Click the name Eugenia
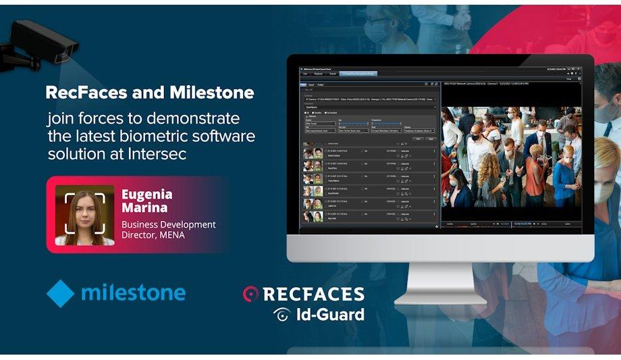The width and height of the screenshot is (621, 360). tap(146, 195)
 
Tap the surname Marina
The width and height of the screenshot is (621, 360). tap(142, 207)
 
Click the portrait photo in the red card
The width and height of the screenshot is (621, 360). tap(84, 215)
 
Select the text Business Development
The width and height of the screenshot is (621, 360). tap(169, 224)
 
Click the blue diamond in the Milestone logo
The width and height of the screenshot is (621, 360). tap(60, 293)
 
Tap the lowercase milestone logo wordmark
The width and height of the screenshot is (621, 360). tap(133, 292)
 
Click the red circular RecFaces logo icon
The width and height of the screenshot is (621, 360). tap(251, 294)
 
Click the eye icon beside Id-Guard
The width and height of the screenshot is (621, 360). tap(282, 314)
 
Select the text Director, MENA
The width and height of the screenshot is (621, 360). tap(154, 236)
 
